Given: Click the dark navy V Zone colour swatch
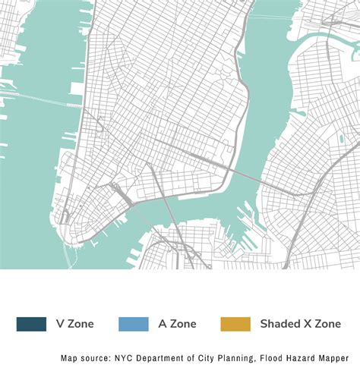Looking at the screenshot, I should [30, 324].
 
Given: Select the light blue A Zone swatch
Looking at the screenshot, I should [133, 324].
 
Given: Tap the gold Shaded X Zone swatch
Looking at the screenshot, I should [235, 324].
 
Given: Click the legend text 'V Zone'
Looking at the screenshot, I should [75, 324].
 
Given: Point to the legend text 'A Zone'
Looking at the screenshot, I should [178, 324].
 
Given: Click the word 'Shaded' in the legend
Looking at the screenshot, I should [279, 324].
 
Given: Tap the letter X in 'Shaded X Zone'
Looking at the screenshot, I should [306, 324].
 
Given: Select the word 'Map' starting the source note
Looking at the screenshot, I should [70, 357].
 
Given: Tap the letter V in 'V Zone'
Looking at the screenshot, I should [60, 324].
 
